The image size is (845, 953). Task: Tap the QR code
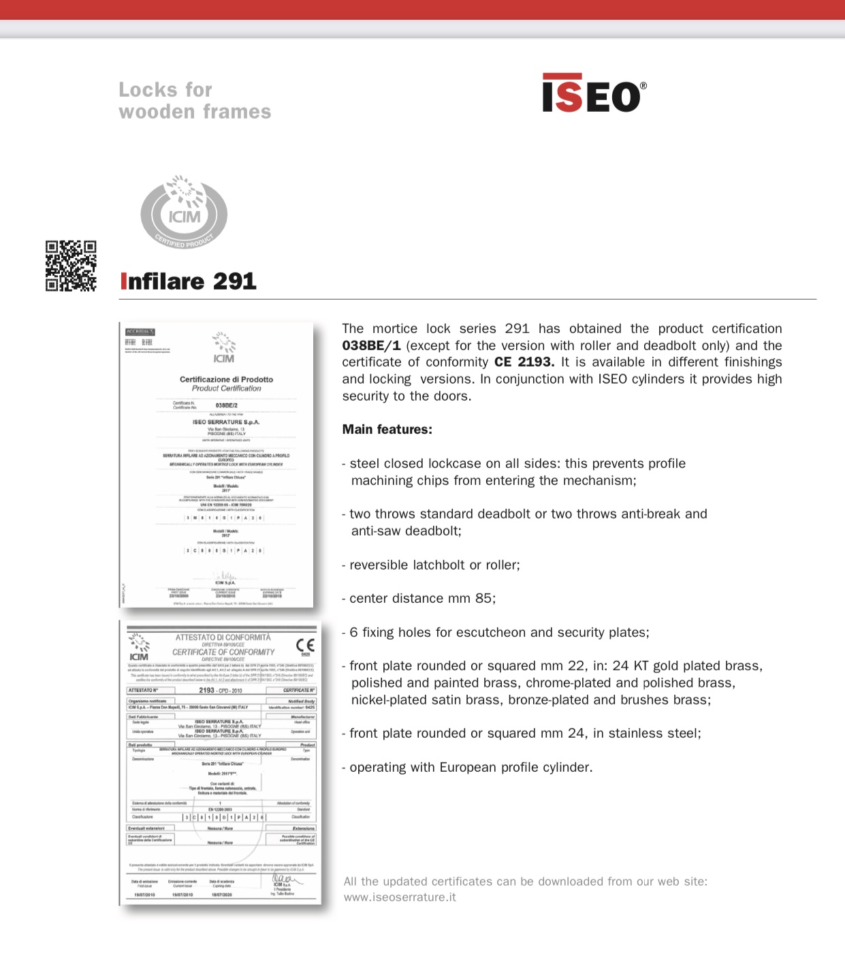[71, 266]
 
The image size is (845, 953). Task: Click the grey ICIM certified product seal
[184, 212]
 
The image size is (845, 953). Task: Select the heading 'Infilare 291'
[189, 281]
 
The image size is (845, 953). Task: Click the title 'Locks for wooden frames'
[195, 101]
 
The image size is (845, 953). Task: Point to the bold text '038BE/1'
[371, 345]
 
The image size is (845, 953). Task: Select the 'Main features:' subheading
[387, 429]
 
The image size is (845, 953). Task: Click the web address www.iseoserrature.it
[400, 897]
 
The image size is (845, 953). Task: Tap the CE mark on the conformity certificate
[305, 644]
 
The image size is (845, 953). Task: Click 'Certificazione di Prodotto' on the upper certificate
[226, 379]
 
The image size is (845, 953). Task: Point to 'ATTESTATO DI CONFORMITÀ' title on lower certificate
[223, 638]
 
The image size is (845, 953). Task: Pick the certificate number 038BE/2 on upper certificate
[226, 405]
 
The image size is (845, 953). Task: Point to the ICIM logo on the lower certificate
[139, 648]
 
